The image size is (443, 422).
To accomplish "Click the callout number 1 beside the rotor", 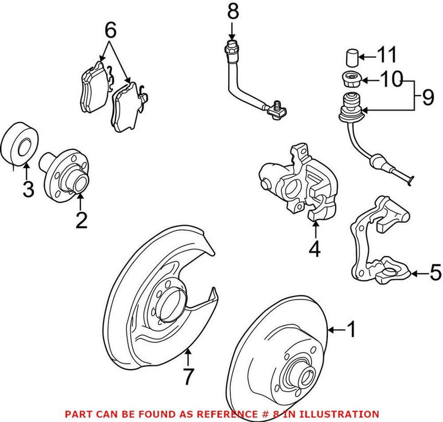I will click(351, 330).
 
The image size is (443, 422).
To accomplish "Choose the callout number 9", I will click(427, 98).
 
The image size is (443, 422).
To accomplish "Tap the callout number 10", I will click(391, 81).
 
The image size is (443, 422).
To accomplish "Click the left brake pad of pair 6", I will click(93, 87).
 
